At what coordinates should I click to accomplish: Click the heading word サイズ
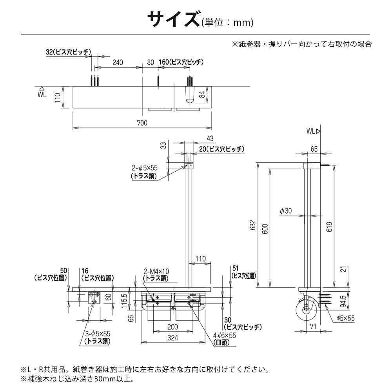173,20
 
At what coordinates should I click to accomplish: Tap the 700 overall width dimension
142,123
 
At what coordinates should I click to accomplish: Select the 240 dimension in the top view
118,62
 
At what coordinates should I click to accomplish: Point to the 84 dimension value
201,94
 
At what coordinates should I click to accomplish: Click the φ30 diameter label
286,211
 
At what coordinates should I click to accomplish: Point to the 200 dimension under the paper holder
172,327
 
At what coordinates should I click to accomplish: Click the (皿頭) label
221,342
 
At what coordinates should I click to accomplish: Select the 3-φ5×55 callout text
98,334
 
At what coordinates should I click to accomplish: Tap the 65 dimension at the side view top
314,149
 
